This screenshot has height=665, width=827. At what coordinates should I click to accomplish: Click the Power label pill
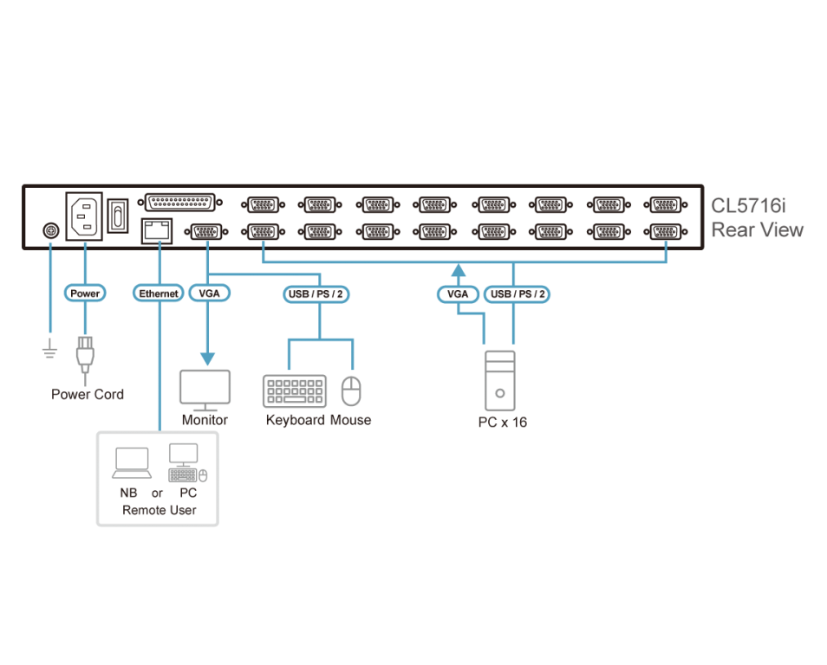point(85,294)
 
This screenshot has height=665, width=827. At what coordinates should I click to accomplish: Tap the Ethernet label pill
point(160,294)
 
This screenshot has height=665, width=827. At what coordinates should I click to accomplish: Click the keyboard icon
point(295,391)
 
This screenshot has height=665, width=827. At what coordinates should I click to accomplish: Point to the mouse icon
point(350,391)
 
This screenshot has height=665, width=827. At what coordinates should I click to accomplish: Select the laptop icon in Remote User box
point(132,463)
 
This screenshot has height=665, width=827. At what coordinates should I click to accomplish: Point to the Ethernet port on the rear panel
point(157,230)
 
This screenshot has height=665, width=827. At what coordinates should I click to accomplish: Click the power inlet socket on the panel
point(84,215)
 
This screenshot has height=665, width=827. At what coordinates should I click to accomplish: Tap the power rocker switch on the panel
point(117,216)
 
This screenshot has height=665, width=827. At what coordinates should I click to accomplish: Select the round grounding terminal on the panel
point(50,230)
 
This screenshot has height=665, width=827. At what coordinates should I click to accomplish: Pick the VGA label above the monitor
point(209,294)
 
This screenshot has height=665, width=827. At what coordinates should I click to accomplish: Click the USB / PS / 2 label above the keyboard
point(316,294)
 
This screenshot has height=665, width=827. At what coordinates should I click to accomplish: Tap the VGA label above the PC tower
point(457,294)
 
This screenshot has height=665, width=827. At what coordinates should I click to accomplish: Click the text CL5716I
point(748,206)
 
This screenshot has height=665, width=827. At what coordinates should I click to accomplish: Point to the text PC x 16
point(502,423)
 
